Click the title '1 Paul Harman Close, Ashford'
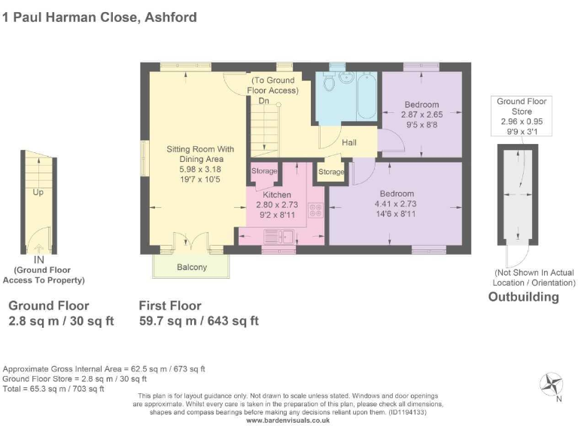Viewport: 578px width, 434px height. click(100, 17)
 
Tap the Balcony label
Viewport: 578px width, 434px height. click(192, 267)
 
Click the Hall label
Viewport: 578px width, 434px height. click(350, 142)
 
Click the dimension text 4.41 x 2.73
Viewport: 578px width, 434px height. click(395, 203)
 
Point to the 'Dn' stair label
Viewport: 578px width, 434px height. click(263, 100)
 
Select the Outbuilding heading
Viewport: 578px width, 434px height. click(524, 297)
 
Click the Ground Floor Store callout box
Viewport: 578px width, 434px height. click(522, 116)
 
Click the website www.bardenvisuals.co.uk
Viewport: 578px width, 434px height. click(288, 420)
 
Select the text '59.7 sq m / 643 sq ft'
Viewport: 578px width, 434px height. click(199, 320)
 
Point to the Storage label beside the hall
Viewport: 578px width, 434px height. click(331, 173)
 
